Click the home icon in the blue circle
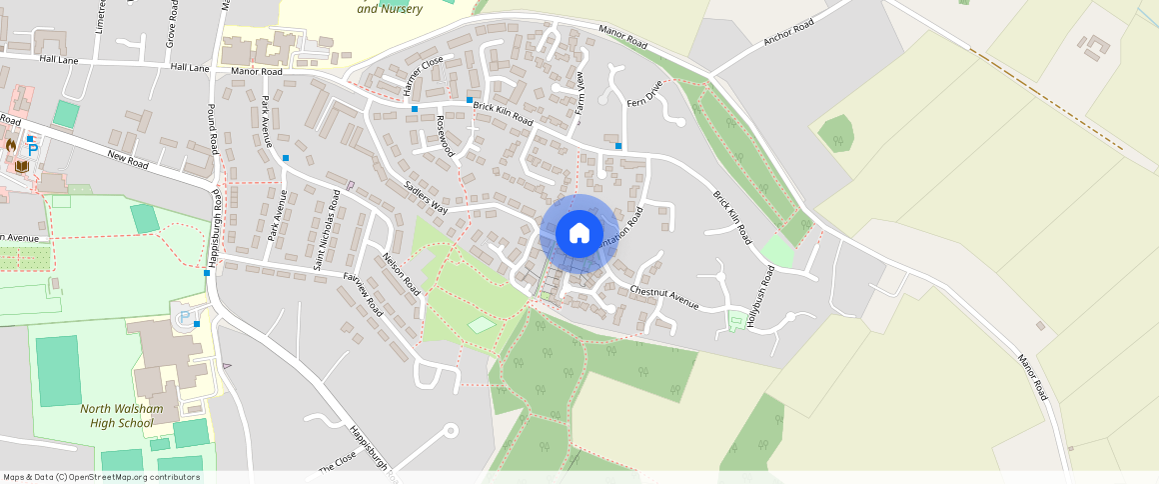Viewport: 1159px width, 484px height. (x=579, y=234)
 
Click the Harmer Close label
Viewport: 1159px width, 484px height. (x=424, y=77)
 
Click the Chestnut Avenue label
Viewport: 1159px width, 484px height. (x=663, y=296)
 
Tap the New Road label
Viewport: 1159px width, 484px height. (x=127, y=159)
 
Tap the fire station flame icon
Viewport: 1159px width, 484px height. (x=12, y=145)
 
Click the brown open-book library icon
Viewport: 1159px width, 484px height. (x=21, y=166)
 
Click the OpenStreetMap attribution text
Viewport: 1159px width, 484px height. (x=101, y=477)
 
